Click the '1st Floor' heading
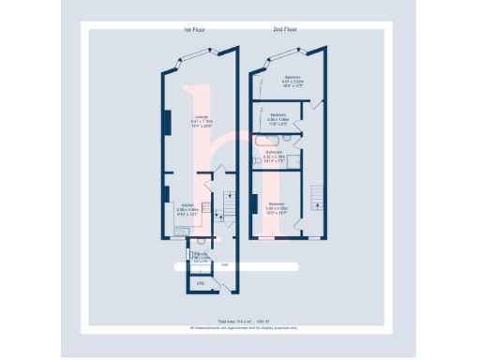[194, 30]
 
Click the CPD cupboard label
[200, 281]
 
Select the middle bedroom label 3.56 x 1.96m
[277, 118]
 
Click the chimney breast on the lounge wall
[167, 122]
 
